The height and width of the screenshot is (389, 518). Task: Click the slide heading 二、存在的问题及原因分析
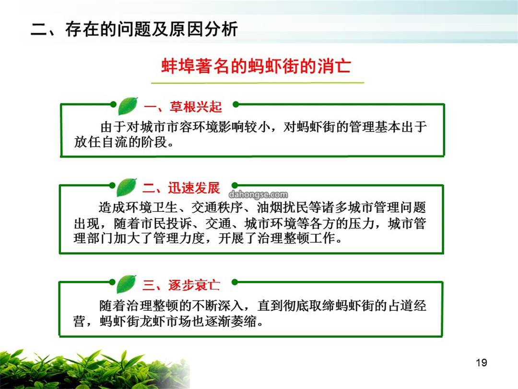[x=134, y=29]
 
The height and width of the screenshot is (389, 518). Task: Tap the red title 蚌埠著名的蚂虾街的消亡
[x=256, y=66]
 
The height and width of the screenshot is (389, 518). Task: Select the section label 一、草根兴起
[x=183, y=107]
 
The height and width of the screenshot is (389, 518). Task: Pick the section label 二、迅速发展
[x=181, y=188]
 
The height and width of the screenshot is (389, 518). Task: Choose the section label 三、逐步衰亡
[x=181, y=285]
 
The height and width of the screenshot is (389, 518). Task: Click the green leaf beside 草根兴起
[x=128, y=106]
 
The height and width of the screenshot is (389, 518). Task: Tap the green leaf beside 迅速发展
[x=126, y=187]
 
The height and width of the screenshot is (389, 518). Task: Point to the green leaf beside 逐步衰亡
[x=126, y=284]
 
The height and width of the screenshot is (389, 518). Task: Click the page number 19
[x=482, y=363]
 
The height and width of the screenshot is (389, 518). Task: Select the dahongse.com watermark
[x=258, y=194]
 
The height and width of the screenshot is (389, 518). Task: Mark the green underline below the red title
[x=258, y=83]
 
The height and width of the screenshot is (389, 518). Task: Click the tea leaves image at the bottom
[x=95, y=369]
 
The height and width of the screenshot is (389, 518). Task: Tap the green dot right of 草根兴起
[x=235, y=104]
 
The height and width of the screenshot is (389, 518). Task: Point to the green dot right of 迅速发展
[x=235, y=185]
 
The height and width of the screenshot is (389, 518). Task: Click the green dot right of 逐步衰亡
[x=235, y=282]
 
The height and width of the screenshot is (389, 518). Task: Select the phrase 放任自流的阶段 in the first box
[x=120, y=142]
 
